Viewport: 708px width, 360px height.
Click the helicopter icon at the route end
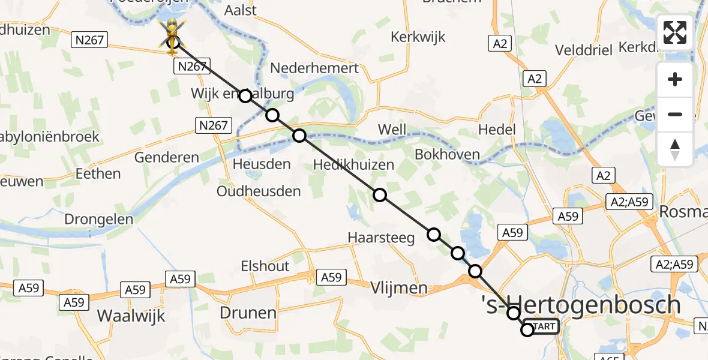pyautogui.click(x=172, y=34)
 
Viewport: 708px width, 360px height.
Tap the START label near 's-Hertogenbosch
pyautogui.click(x=543, y=326)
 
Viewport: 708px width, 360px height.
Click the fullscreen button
pyautogui.click(x=675, y=32)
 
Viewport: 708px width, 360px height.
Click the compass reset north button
pyautogui.click(x=675, y=149)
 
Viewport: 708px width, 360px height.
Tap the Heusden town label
pyautogui.click(x=262, y=163)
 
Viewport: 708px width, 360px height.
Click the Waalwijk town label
pyautogui.click(x=131, y=316)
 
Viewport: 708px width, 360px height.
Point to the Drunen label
pyautogui.click(x=248, y=313)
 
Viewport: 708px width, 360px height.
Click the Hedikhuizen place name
pyautogui.click(x=354, y=164)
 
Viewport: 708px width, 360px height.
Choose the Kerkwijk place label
pyautogui.click(x=418, y=37)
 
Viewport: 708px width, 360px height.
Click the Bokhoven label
pyautogui.click(x=447, y=154)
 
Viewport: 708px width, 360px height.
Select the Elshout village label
pyautogui.click(x=265, y=266)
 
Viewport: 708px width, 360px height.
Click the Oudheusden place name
pyautogui.click(x=259, y=191)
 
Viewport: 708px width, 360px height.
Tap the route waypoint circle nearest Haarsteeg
pyautogui.click(x=433, y=235)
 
